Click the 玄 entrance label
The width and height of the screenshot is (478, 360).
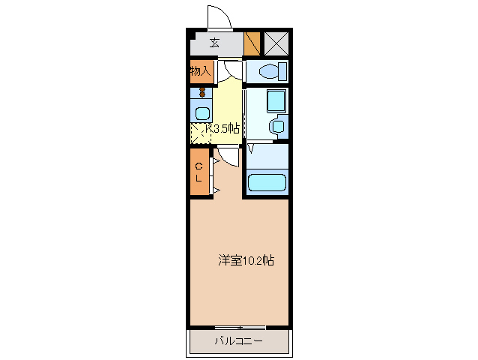[215, 43]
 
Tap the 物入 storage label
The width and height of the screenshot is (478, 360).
[199, 71]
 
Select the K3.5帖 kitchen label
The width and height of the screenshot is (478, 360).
[223, 129]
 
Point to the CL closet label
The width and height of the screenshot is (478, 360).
[199, 172]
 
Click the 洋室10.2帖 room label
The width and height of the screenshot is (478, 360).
[246, 261]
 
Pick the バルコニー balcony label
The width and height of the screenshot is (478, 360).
[238, 342]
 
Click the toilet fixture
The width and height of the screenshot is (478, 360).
[267, 72]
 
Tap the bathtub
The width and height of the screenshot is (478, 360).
[267, 183]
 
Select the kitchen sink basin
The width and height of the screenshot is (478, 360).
[202, 113]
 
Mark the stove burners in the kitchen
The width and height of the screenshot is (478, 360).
[202, 92]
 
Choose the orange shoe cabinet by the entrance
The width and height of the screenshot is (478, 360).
[252, 43]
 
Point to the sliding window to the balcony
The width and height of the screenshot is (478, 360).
[240, 328]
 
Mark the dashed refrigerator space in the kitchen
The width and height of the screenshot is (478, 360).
[200, 133]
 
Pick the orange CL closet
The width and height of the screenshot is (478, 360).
[199, 172]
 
